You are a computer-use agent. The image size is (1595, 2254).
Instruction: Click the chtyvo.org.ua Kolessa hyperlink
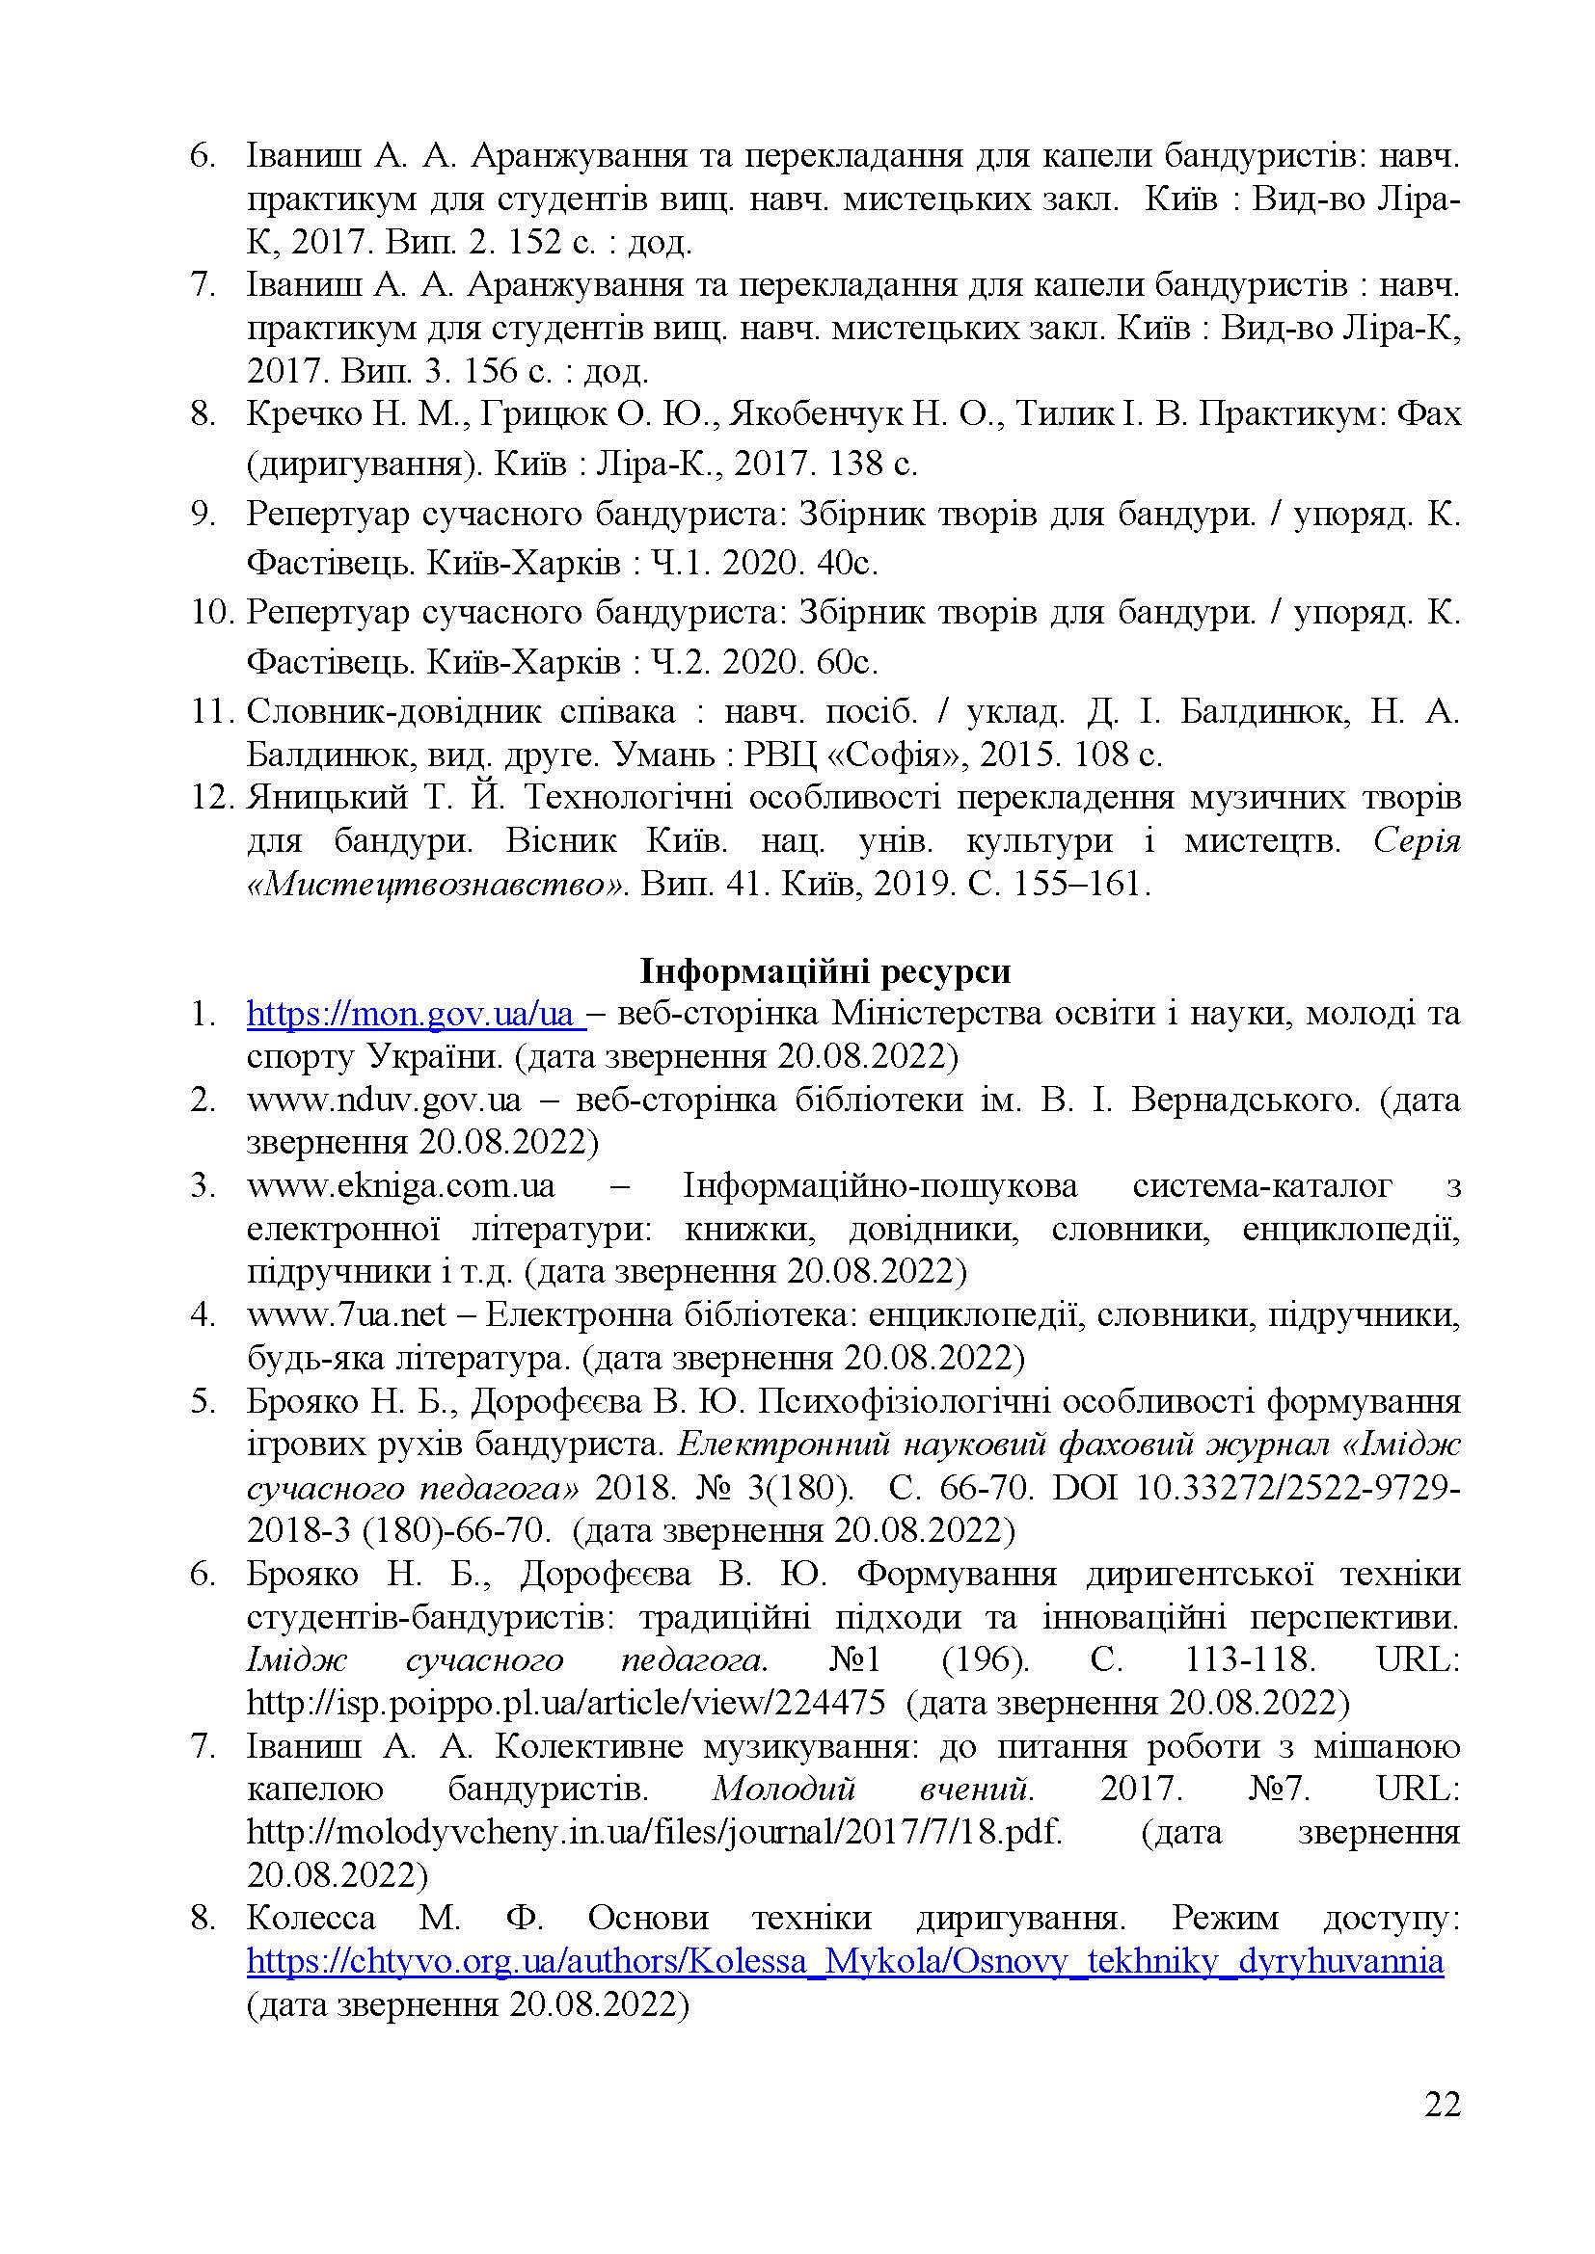coord(845,1961)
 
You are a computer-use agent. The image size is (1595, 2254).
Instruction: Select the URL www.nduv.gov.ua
coord(384,1100)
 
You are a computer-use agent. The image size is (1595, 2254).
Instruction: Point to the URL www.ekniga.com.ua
coord(401,1186)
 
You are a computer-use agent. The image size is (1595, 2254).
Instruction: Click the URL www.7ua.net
coord(347,1314)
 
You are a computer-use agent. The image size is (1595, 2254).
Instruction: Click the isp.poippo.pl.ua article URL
coord(566,1702)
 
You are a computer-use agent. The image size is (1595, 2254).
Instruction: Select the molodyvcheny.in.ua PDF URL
coord(654,1832)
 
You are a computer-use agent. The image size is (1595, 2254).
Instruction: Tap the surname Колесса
coord(311,1918)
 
